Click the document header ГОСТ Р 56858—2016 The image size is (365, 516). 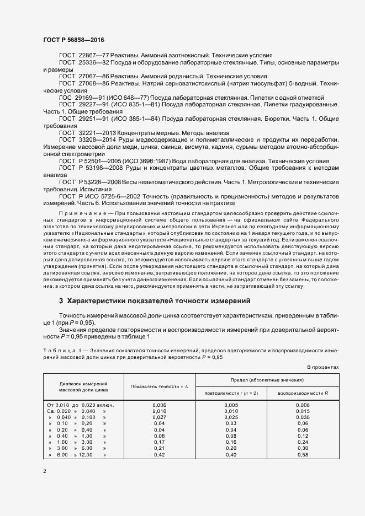click(x=73, y=40)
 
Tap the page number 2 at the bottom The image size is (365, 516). click(x=45, y=471)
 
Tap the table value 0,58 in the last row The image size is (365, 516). click(x=303, y=455)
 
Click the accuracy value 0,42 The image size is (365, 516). click(x=160, y=455)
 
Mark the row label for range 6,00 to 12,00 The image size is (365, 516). click(x=77, y=455)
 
